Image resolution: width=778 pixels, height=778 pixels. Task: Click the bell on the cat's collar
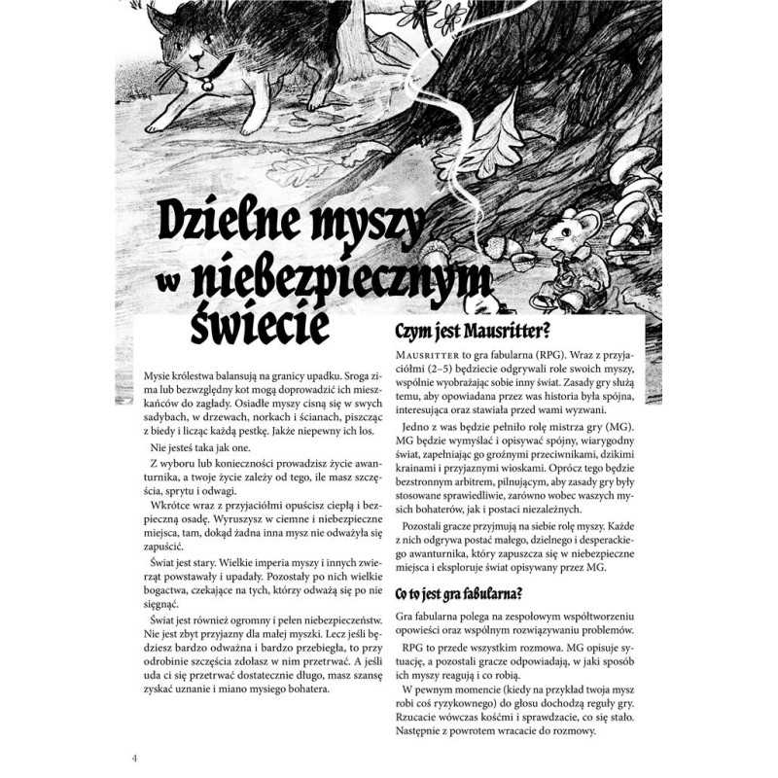coord(207,85)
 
